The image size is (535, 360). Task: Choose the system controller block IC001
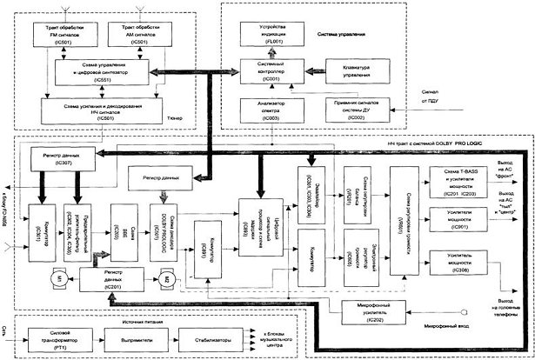(x=266, y=71)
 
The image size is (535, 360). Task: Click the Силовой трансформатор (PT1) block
(x=57, y=336)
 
